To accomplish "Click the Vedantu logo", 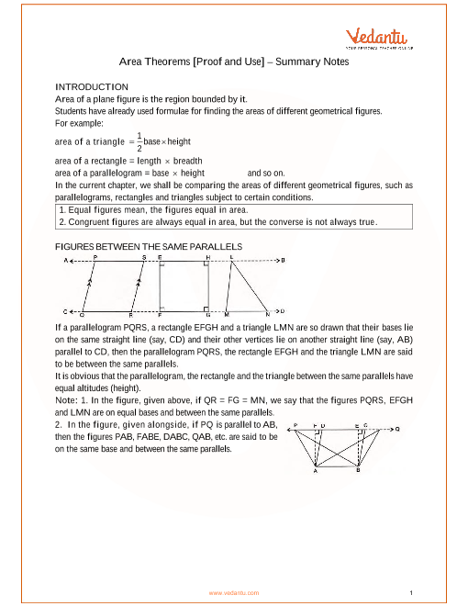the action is coord(379,39).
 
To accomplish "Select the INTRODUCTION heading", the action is coord(92,87).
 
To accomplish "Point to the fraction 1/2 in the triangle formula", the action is coord(139,141).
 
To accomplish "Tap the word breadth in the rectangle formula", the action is coord(188,161).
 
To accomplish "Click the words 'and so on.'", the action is coord(266,174).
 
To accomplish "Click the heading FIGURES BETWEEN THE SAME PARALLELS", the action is coord(149,247).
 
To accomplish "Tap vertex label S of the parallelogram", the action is coord(144,257).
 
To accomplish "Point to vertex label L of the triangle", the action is coord(231,257).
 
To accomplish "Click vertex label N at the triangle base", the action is coord(268,314).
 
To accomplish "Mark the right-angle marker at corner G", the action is coord(206,309).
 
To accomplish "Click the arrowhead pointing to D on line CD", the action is coord(276,310).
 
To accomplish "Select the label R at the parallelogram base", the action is coord(131,315).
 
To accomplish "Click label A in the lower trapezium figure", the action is coord(316,471).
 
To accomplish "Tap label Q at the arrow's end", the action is coord(397,429).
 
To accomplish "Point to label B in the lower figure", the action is coord(358,470).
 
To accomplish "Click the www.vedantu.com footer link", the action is coord(234,593).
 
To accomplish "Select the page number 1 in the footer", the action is coord(411,593).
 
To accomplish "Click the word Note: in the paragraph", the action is coord(66,400).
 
